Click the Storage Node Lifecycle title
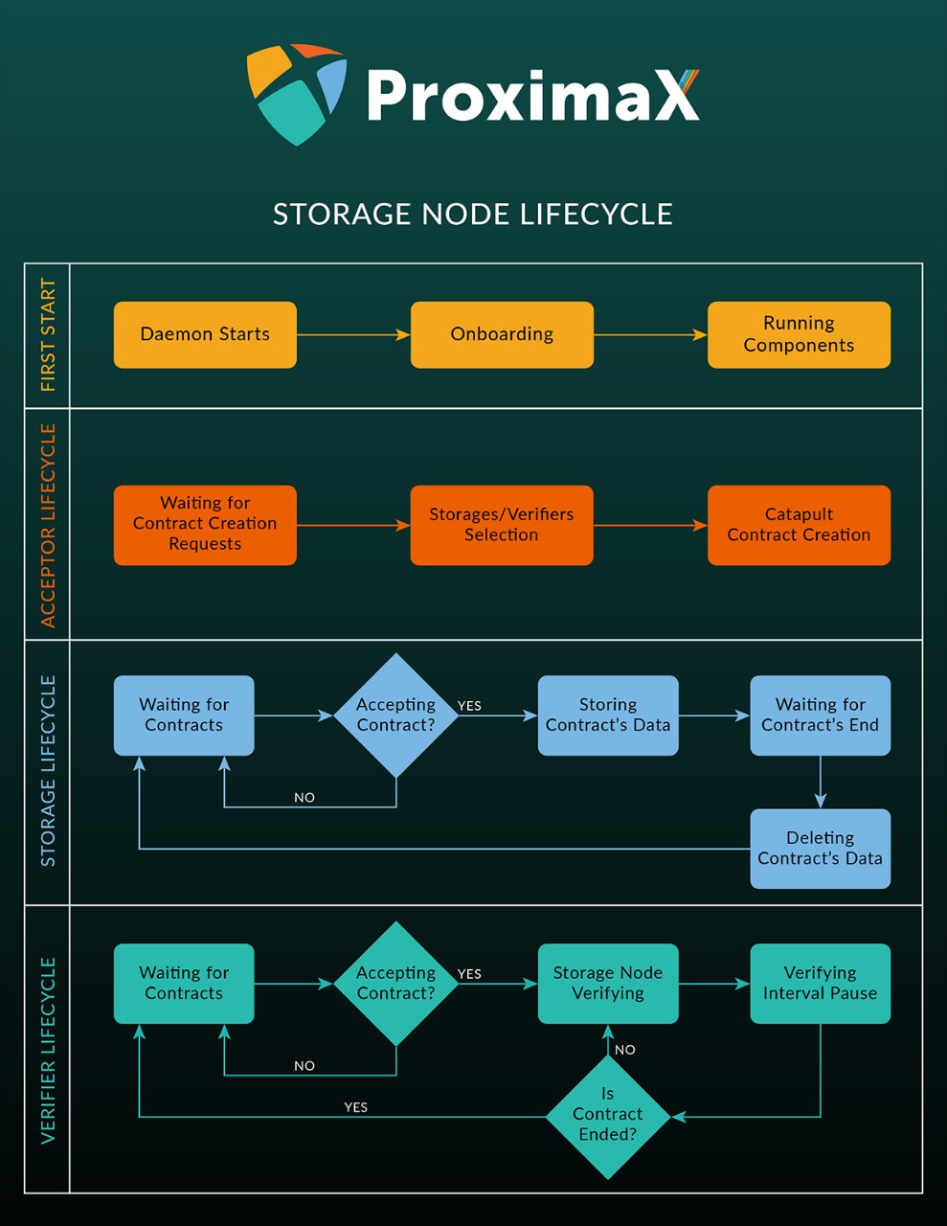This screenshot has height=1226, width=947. click(473, 214)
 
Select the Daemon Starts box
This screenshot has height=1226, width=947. click(205, 335)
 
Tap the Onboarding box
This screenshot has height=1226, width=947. click(502, 335)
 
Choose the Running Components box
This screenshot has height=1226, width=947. click(799, 335)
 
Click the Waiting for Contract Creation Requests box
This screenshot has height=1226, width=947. click(205, 525)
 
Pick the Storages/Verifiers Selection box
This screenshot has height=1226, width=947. click(502, 525)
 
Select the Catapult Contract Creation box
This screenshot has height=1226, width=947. click(799, 525)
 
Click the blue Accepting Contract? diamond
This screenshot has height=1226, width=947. click(395, 715)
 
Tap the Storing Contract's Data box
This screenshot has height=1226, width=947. click(608, 715)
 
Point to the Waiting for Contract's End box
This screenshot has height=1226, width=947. click(820, 715)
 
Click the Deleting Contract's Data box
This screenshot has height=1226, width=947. click(820, 849)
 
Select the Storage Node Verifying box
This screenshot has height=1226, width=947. click(608, 984)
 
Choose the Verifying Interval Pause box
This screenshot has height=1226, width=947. click(820, 984)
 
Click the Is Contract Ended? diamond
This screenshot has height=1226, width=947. click(608, 1116)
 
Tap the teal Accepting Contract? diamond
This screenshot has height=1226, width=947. click(395, 984)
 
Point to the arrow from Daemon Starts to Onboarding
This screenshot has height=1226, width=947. click(353, 335)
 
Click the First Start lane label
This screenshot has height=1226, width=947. click(48, 335)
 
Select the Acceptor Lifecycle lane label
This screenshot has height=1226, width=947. click(48, 525)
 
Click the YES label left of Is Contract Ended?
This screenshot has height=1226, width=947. click(355, 1107)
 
